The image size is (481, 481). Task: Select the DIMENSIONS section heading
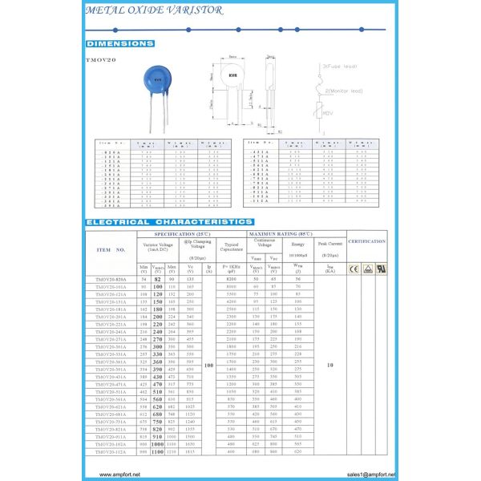[119, 43]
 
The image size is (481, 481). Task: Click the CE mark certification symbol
[354, 269]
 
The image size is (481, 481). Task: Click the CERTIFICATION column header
[366, 241]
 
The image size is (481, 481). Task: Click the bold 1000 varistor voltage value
[157, 443]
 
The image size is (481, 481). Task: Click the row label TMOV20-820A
[111, 278]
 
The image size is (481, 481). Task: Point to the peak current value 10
[329, 364]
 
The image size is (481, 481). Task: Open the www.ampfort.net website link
[120, 474]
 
